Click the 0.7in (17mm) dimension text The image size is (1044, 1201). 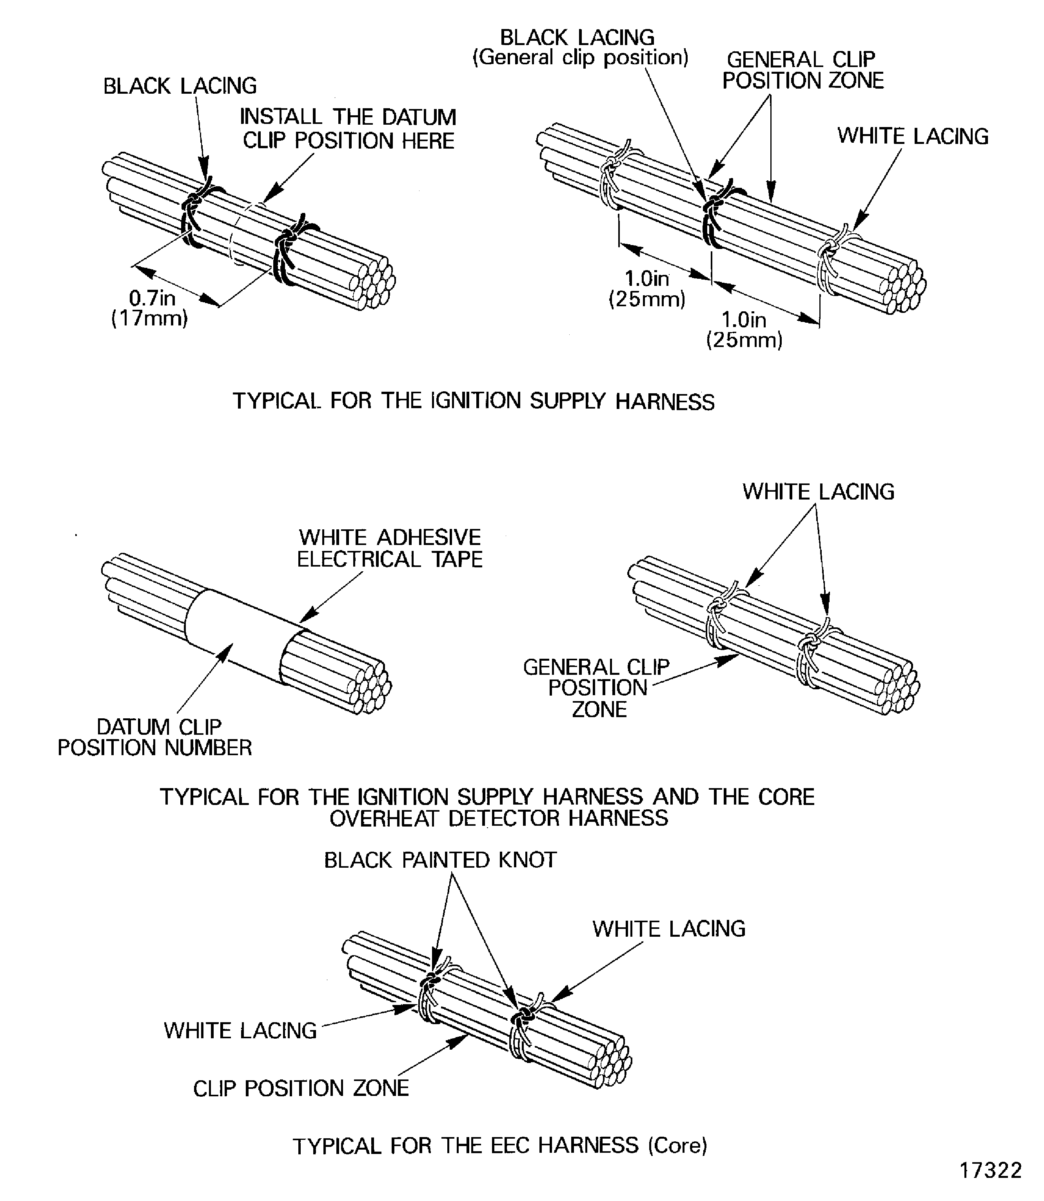[150, 308]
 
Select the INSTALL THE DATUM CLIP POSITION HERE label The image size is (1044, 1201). [348, 129]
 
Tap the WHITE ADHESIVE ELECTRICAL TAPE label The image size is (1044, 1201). [389, 548]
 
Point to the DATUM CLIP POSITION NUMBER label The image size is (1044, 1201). [155, 737]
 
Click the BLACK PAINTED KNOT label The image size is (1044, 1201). [440, 859]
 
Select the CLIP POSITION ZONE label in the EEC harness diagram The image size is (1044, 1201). [301, 1088]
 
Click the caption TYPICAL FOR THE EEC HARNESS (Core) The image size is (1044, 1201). [499, 1145]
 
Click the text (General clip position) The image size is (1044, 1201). [580, 58]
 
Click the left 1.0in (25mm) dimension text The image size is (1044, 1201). [647, 289]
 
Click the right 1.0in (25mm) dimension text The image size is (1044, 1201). [744, 329]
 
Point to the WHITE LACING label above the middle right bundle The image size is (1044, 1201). [817, 491]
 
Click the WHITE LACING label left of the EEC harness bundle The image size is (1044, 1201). [240, 1030]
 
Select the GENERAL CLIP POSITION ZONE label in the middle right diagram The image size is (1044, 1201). [597, 688]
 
